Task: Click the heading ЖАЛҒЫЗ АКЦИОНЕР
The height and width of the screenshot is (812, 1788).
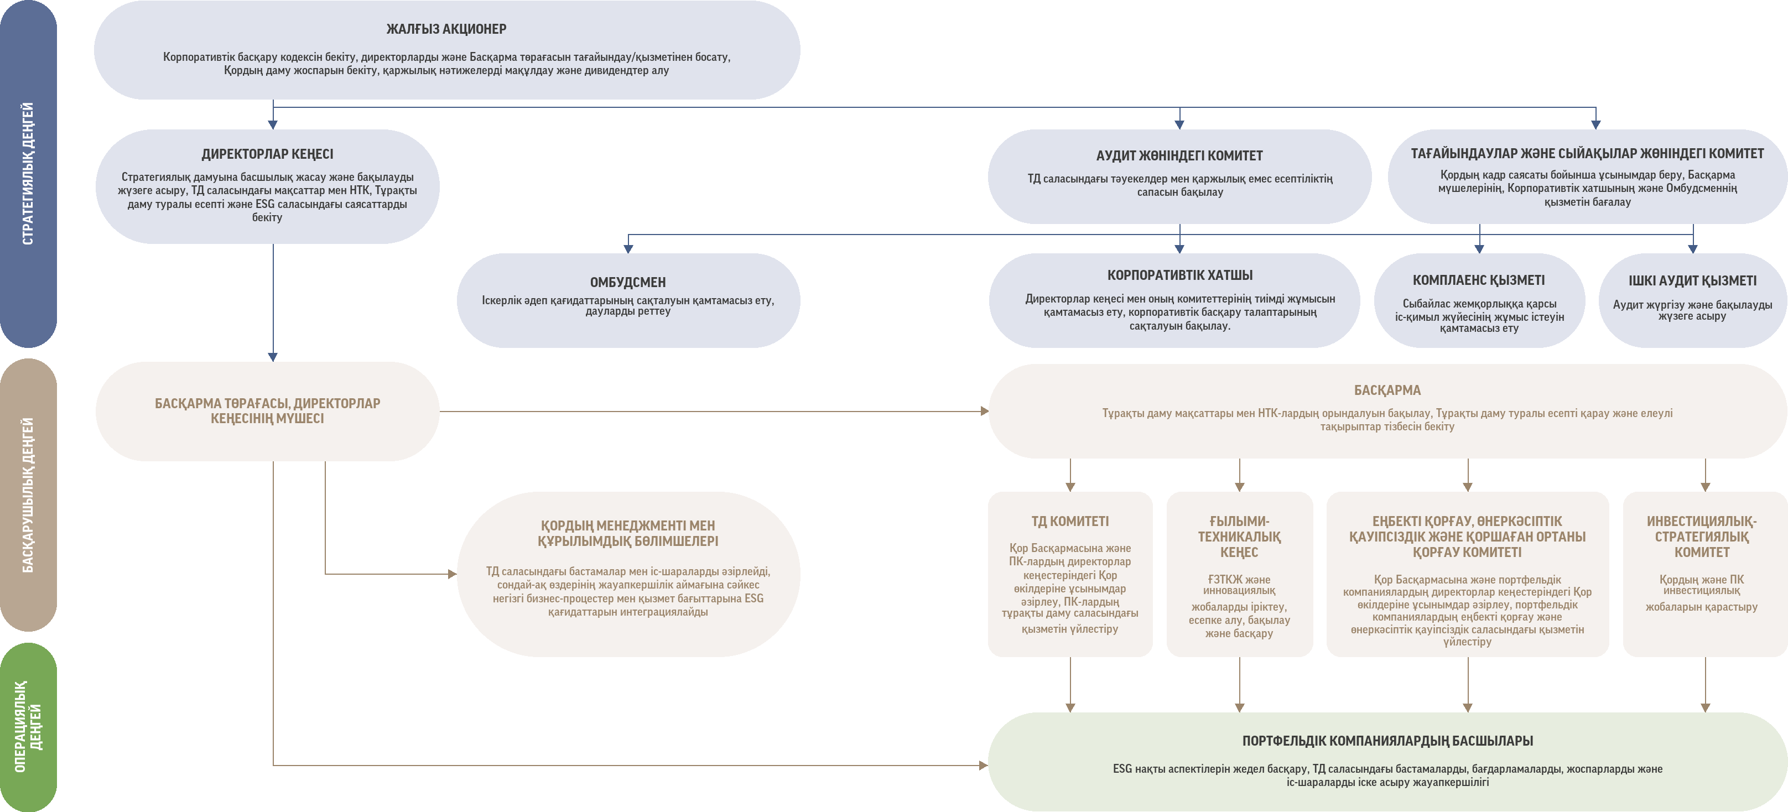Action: click(x=446, y=29)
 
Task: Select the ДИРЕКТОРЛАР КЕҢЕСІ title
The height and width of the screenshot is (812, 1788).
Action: click(x=267, y=154)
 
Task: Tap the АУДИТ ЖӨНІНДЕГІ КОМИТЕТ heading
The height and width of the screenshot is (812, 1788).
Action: click(x=1179, y=155)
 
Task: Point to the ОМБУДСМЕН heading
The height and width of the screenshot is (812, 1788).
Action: click(x=627, y=283)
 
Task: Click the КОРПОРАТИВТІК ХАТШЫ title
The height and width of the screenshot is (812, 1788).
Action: click(x=1180, y=275)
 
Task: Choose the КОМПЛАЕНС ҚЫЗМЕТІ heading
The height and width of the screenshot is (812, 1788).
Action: click(x=1479, y=280)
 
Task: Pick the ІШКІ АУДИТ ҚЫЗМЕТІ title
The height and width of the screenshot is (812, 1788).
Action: click(x=1693, y=281)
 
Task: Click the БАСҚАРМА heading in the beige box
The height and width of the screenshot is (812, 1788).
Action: click(x=1387, y=390)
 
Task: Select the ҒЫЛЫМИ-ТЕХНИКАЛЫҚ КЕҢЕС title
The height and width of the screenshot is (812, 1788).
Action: click(x=1239, y=537)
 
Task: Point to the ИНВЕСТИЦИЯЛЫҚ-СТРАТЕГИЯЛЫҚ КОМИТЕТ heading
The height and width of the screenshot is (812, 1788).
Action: click(x=1702, y=537)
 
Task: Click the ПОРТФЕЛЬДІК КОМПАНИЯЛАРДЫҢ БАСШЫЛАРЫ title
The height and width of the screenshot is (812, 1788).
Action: click(x=1387, y=741)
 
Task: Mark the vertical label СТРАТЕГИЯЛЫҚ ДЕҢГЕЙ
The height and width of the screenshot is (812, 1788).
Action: click(x=28, y=174)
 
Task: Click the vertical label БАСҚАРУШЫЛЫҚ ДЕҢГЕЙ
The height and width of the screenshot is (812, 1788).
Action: click(x=28, y=495)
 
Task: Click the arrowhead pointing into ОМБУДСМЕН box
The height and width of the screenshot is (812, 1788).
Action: click(x=628, y=248)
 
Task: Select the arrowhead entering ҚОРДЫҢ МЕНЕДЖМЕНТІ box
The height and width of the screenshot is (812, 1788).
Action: click(x=453, y=574)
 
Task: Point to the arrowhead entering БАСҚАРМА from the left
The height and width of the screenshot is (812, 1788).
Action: click(x=984, y=411)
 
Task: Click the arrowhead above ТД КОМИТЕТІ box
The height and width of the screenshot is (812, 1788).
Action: click(x=1070, y=487)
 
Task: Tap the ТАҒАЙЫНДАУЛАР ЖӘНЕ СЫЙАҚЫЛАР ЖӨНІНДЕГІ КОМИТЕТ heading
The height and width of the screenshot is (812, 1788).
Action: click(x=1587, y=153)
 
